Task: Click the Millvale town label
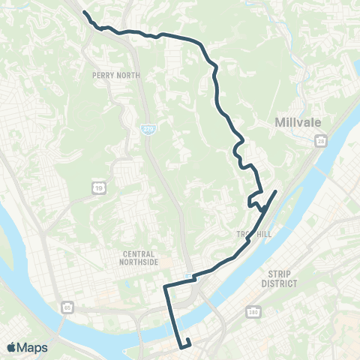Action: (x=297, y=121)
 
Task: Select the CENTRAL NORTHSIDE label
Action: (x=142, y=259)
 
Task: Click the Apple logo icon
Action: (x=12, y=347)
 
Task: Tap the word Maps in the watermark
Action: (x=33, y=347)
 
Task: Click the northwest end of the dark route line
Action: (x=84, y=13)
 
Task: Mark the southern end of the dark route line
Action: (x=181, y=347)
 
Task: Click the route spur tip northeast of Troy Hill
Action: (x=276, y=191)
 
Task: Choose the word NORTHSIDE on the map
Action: (x=142, y=263)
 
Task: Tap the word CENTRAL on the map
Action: (x=142, y=254)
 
